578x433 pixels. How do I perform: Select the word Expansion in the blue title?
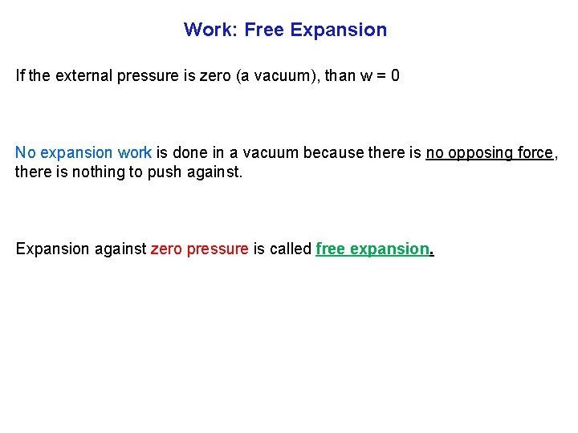coord(339,30)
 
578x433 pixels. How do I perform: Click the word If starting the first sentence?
coord(20,77)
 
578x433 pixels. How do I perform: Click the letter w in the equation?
coord(366,77)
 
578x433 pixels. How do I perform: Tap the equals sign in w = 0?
coord(381,77)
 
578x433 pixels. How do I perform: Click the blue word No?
coord(26,152)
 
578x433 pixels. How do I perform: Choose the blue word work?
coord(135,152)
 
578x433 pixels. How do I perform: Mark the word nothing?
coord(104,172)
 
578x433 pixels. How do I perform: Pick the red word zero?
coord(167,249)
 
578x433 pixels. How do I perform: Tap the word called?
coord(291,249)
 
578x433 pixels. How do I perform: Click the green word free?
coord(330,249)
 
